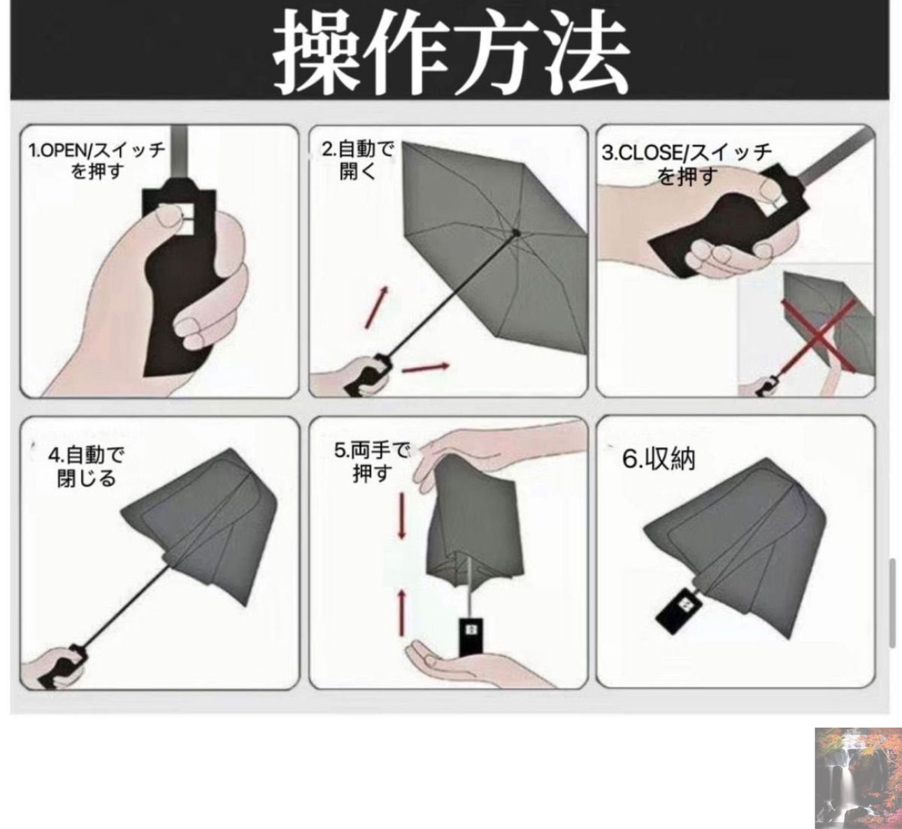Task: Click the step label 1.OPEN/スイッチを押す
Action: (97, 160)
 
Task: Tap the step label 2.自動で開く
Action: (358, 160)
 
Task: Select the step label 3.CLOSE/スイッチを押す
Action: (687, 164)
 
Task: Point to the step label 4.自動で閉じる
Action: (86, 467)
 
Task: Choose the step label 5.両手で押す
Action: (371, 462)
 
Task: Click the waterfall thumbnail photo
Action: (857, 777)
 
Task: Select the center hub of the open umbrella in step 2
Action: (516, 233)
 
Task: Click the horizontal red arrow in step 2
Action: (425, 368)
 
